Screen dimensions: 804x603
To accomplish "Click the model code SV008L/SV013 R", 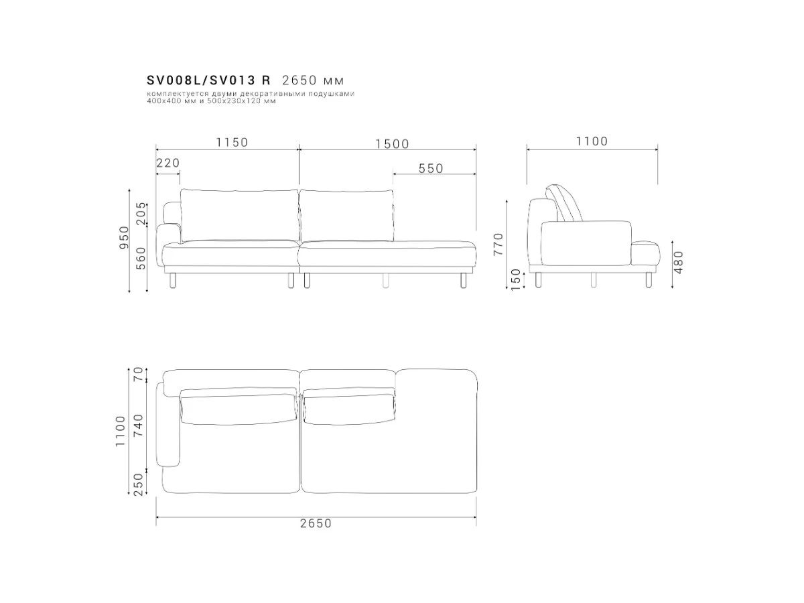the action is [208, 80].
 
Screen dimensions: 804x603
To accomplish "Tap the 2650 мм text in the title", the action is [313, 80].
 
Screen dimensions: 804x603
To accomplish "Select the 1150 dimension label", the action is [232, 142].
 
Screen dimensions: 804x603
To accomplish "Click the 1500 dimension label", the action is [392, 144].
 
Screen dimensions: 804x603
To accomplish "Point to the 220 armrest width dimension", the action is [168, 163].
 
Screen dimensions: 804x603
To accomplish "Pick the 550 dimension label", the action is [431, 168].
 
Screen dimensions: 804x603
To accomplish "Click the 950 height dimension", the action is [125, 237].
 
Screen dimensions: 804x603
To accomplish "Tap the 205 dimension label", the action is [141, 214].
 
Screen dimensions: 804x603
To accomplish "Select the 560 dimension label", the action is [141, 259].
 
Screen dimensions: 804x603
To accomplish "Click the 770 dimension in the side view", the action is [498, 244].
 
